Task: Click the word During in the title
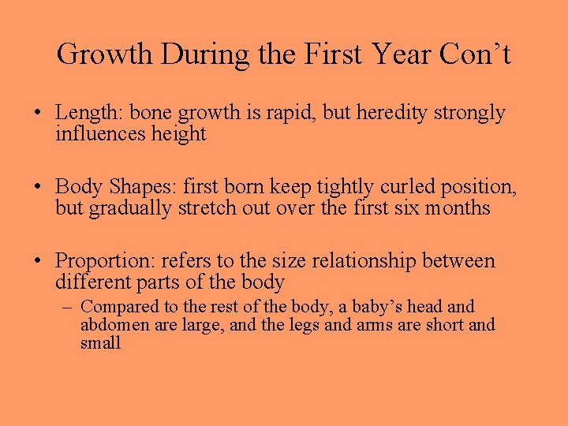207,54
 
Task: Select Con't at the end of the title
476,54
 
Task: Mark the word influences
101,134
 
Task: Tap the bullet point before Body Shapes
38,188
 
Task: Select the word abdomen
110,325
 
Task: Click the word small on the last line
100,343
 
